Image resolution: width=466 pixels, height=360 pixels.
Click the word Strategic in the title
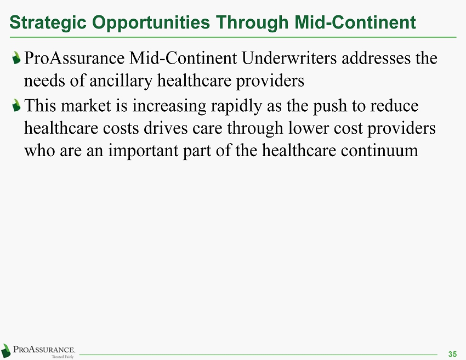coord(48,22)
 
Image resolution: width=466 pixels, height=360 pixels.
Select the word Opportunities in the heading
coord(151,22)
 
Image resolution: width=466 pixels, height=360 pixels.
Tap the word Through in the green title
coord(252,22)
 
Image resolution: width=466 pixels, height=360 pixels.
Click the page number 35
coord(452,354)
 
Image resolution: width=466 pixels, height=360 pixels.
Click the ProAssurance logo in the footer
coord(38,351)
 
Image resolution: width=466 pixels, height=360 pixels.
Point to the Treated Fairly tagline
coord(62,356)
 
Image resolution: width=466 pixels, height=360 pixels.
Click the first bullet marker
coord(16,58)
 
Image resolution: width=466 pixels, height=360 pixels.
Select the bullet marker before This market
coord(16,105)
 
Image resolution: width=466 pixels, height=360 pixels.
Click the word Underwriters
coord(289,58)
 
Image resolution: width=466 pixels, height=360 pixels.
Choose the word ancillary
coord(121,81)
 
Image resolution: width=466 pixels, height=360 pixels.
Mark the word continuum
coord(379,151)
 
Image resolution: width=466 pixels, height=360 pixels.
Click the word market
coord(86,106)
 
